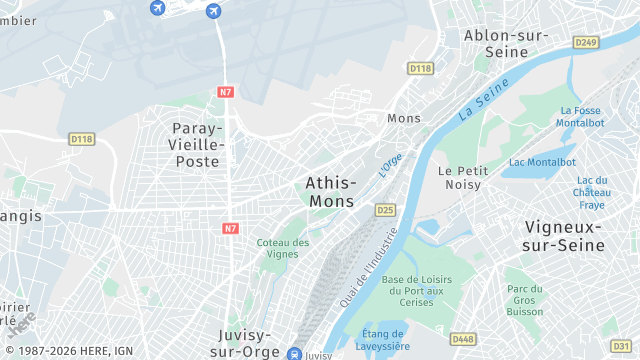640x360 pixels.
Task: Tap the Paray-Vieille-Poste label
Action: pos(199,144)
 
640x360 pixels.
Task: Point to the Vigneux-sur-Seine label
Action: pos(564,235)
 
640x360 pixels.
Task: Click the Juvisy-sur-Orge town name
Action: pos(247,343)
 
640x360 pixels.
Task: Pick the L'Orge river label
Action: pos(390,164)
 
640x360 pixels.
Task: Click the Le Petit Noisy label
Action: pos(460,177)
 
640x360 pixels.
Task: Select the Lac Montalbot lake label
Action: pos(543,162)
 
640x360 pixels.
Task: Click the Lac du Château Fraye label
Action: pos(591,192)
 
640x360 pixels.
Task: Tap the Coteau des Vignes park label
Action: pos(283,248)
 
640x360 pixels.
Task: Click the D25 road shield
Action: pos(384,210)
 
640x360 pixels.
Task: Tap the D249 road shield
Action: pos(586,42)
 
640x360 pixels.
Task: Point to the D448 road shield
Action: pos(462,339)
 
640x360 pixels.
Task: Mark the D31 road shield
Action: pos(620,346)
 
